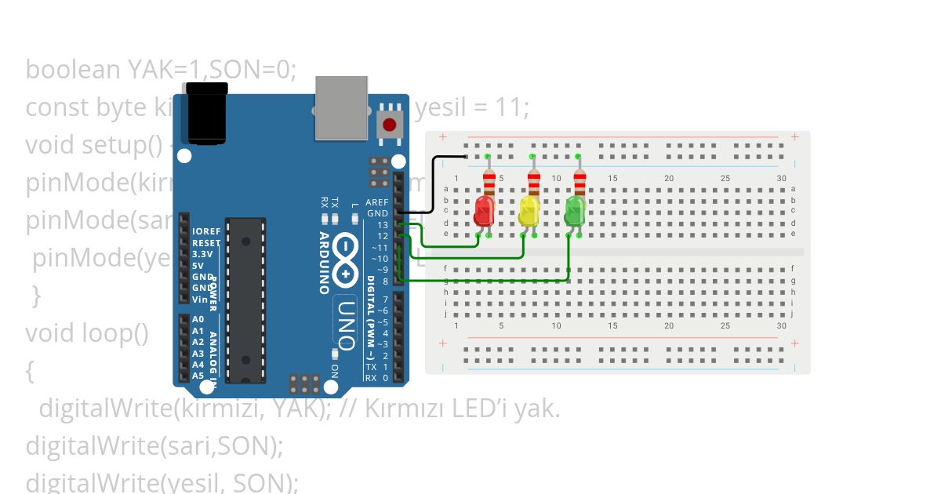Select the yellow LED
coord(530,209)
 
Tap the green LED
coord(576,209)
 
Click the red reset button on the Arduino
coord(389,124)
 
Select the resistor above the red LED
coord(489,183)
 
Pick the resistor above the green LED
coord(579,183)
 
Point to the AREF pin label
coord(377,202)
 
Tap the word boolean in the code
coord(73,70)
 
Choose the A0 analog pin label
coord(198,320)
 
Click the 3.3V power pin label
coord(203,255)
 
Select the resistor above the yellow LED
coord(534,183)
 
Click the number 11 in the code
coord(514,107)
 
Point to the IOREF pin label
coord(205,232)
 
